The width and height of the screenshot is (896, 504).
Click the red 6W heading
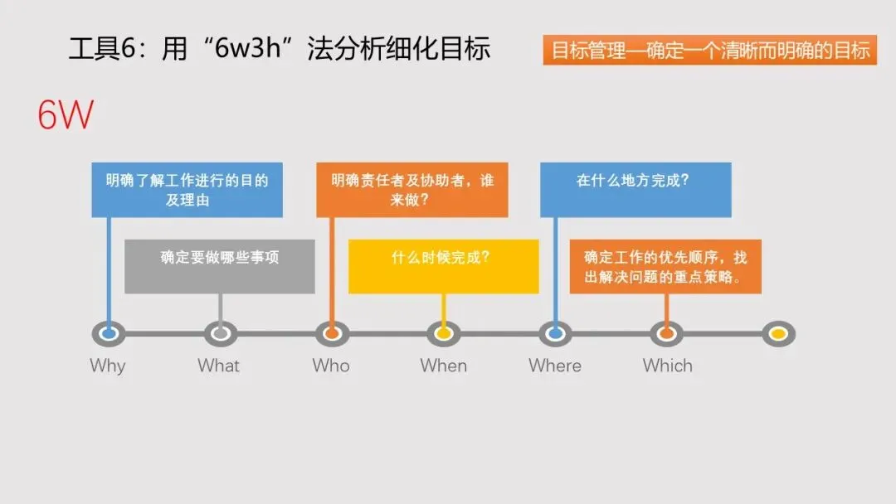click(x=65, y=116)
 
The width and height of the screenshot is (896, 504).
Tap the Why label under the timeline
click(x=108, y=366)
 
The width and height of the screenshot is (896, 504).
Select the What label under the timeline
click(x=218, y=366)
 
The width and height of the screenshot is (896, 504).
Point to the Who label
click(x=331, y=366)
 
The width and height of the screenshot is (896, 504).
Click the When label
click(x=443, y=366)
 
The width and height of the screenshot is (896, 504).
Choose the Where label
click(x=555, y=366)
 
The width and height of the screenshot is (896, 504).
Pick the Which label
click(x=667, y=366)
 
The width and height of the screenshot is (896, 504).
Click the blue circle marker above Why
click(x=108, y=334)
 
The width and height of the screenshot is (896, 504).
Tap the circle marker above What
click(x=220, y=334)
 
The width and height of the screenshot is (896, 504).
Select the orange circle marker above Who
click(x=332, y=334)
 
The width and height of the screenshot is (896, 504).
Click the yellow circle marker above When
click(x=444, y=334)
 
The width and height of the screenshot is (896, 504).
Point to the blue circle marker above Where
click(x=555, y=334)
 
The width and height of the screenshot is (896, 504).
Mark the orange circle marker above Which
click(x=666, y=334)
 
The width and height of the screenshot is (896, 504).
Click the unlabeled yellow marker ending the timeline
click(x=778, y=334)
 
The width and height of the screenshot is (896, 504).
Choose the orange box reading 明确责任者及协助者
click(x=411, y=190)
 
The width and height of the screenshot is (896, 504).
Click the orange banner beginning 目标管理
click(x=710, y=51)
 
